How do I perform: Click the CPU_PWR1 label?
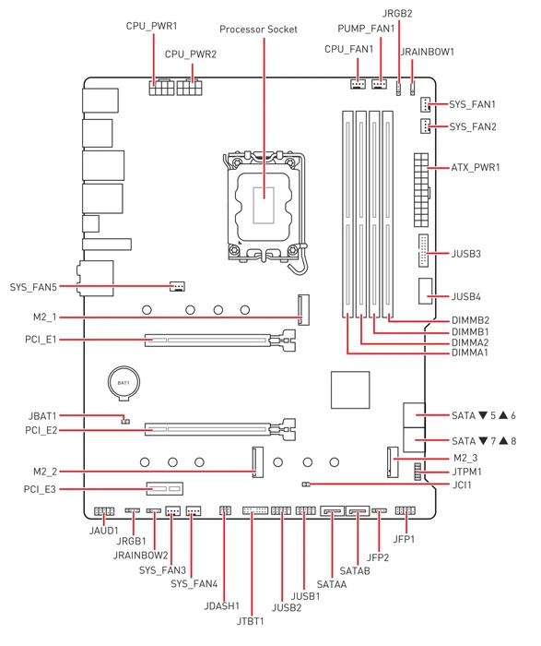[x=151, y=26]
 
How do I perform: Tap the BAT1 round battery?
[x=123, y=383]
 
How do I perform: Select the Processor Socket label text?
[x=258, y=30]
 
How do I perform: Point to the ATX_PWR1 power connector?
[x=421, y=189]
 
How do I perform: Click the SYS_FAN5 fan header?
[x=177, y=286]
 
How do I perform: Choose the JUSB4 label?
[x=466, y=296]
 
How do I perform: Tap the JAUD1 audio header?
[x=103, y=511]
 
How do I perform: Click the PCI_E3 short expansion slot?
[x=165, y=488]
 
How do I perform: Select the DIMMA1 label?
[x=469, y=353]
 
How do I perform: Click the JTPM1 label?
[x=466, y=472]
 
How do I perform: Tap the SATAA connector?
[x=332, y=511]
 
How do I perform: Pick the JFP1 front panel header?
[x=406, y=511]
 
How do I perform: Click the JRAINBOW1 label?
[x=427, y=52]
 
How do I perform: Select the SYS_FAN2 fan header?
[x=425, y=126]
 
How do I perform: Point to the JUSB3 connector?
[x=423, y=250]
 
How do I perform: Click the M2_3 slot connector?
[x=393, y=461]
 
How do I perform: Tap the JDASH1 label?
[x=222, y=606]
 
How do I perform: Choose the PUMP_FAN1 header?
[x=380, y=84]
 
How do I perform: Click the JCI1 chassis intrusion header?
[x=306, y=484]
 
